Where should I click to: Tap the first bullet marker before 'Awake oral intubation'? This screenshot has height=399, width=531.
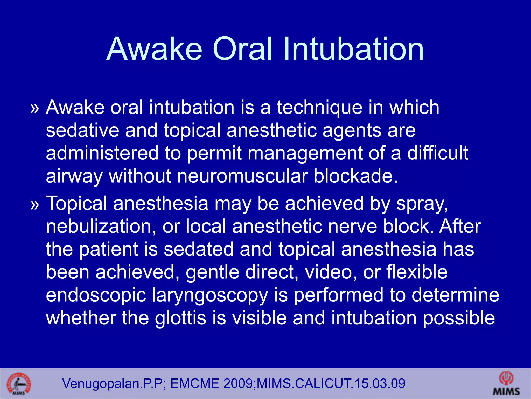coord(34,109)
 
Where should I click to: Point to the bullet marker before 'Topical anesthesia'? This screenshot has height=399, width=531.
coord(34,205)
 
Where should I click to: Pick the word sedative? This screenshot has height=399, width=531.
coord(82,130)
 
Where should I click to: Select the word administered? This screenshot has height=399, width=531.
coord(102,153)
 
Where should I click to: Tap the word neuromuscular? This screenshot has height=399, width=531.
coord(242,176)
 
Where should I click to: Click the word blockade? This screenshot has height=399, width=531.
coord(355,176)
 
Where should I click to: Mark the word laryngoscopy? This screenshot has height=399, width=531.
coord(209,296)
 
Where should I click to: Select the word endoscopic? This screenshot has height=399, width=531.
coord(96,296)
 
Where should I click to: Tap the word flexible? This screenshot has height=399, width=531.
coord(417,272)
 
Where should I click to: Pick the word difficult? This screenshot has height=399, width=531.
coord(438,153)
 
